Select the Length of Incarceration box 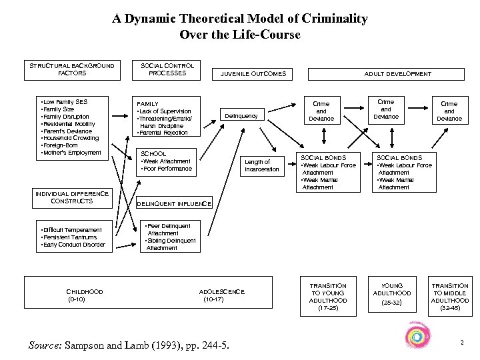[x=262, y=166]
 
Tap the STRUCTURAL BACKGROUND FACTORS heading [x=71, y=69]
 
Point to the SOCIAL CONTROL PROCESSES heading [x=167, y=69]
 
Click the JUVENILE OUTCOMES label [x=253, y=74]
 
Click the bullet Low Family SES [x=66, y=101]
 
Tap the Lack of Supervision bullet [x=165, y=111]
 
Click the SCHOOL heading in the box [x=154, y=153]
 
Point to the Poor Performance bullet [x=167, y=169]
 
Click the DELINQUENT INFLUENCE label [x=174, y=203]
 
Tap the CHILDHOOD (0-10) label [x=85, y=295]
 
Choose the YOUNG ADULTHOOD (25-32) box [x=392, y=293]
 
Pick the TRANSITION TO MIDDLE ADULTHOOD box [x=449, y=293]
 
